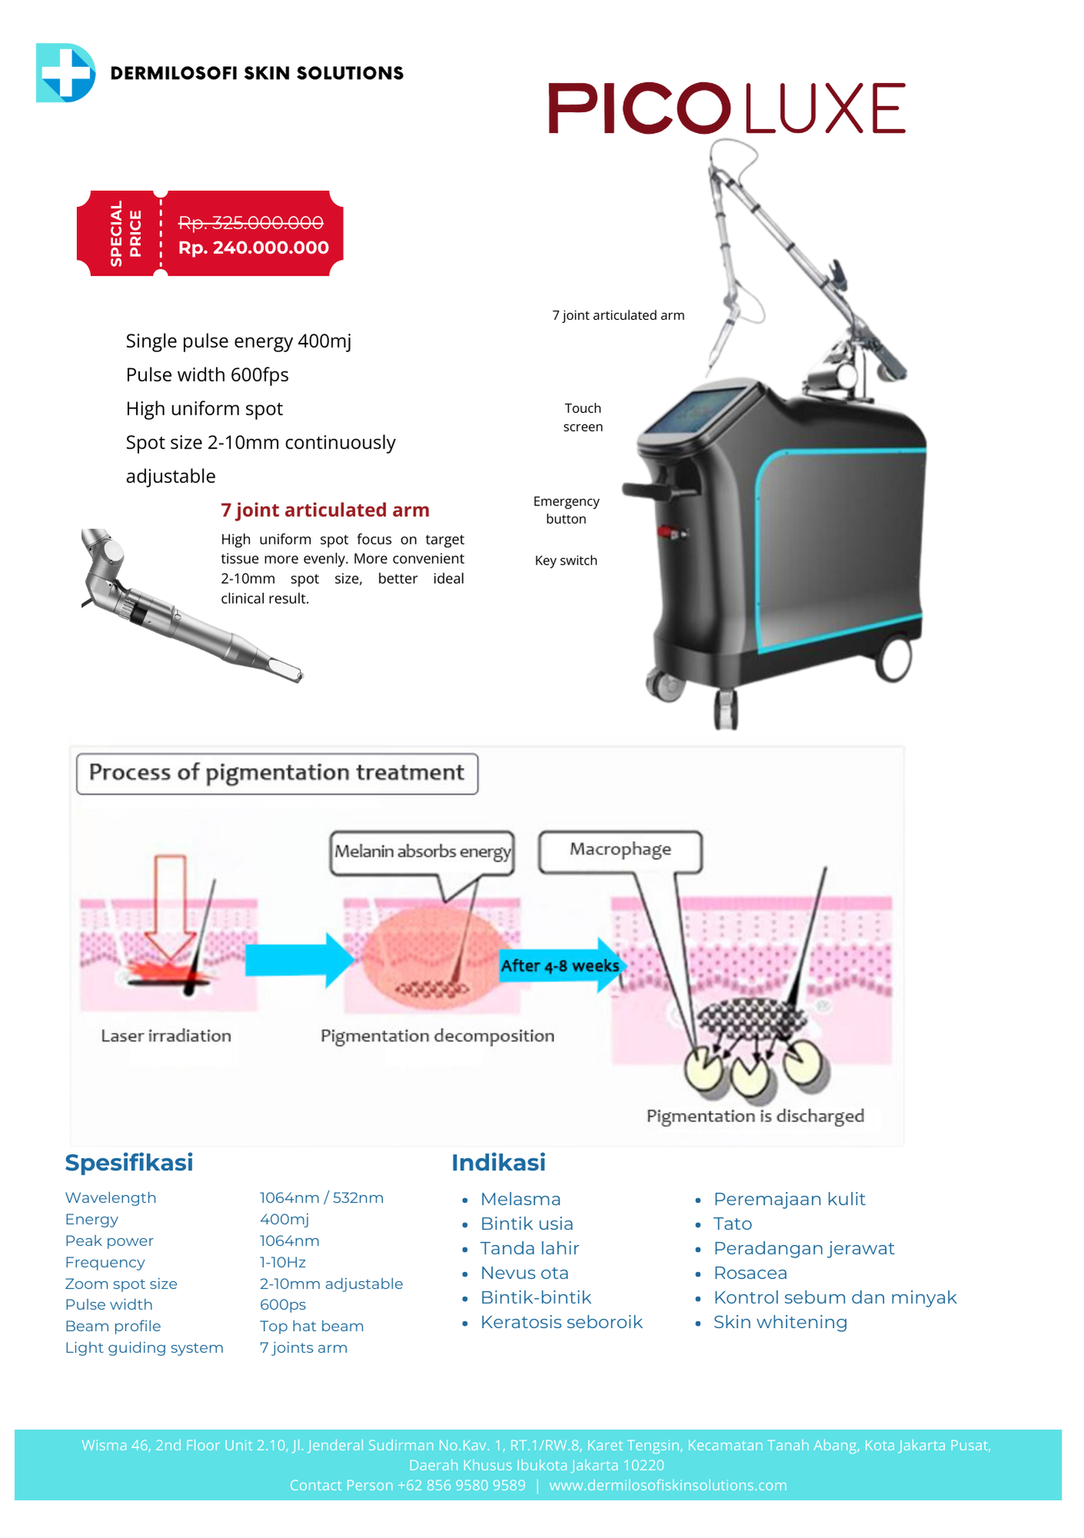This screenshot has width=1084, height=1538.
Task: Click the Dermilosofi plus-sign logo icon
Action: coord(65,73)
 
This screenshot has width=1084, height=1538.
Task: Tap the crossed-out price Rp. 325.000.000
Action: coord(251,222)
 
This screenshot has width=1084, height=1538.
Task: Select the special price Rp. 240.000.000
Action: coord(253,248)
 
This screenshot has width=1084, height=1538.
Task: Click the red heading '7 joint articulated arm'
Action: coord(325,510)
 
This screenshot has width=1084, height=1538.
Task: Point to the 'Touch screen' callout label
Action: coord(582,418)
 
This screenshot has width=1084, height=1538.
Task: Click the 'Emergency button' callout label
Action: coord(566,510)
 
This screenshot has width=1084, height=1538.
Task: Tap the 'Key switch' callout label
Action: coord(566,561)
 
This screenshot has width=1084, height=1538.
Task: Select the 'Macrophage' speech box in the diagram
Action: coord(620,850)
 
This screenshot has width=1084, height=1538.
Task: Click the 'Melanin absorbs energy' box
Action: coord(422,852)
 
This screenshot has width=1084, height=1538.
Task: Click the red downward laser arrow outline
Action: coord(170,907)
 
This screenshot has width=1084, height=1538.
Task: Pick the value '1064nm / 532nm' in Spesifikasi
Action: coord(322,1197)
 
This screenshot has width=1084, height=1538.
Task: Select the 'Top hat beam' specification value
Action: coord(312,1326)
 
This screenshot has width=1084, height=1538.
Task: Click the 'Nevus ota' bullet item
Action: coord(524,1273)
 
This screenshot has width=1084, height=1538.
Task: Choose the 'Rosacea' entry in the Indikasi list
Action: coord(750,1273)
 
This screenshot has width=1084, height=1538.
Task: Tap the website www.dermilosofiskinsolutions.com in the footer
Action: coord(668,1485)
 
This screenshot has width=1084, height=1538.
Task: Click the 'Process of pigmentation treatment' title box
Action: coord(277,773)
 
